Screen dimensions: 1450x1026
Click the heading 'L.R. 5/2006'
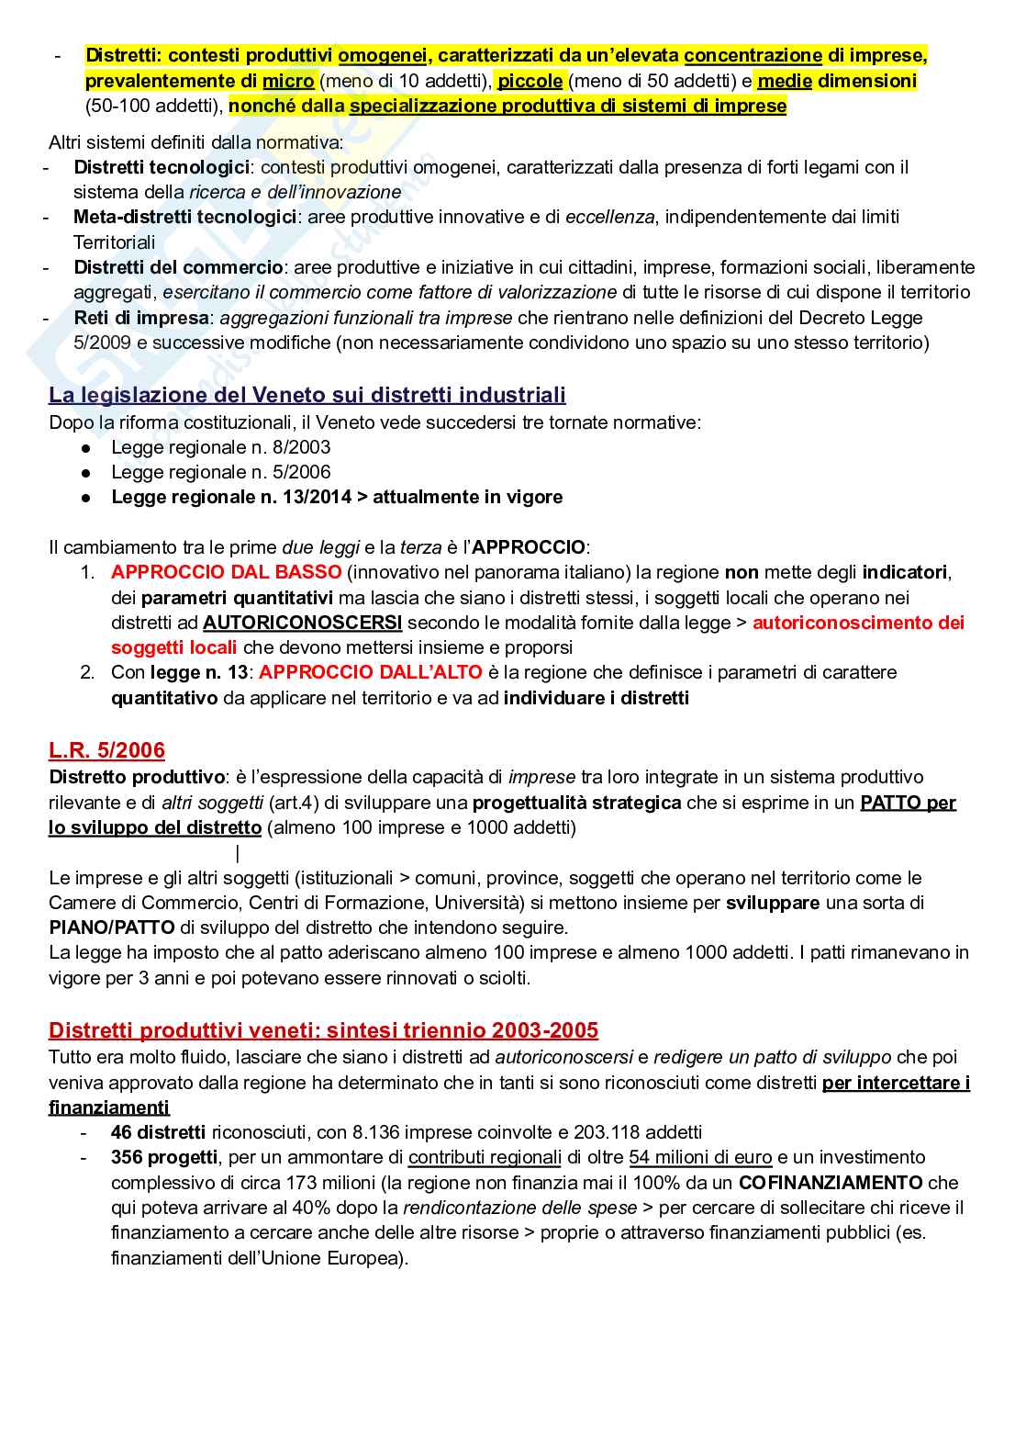point(106,750)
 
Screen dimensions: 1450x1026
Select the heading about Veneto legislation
point(307,395)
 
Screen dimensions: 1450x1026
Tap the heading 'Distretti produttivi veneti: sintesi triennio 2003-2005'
point(323,1029)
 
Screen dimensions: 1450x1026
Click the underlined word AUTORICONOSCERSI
point(302,623)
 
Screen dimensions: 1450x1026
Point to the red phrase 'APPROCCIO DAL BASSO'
point(226,572)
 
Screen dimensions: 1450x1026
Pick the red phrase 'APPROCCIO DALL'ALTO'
point(370,672)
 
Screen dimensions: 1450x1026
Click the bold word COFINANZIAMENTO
point(831,1182)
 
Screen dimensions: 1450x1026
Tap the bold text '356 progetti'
point(164,1157)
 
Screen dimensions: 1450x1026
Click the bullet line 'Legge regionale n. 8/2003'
point(220,447)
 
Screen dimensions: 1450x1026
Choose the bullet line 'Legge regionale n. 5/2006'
point(220,472)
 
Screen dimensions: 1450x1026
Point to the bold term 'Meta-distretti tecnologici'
point(184,217)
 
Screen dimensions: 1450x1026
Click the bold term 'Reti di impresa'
point(141,318)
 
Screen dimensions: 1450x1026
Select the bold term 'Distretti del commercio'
point(178,267)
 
